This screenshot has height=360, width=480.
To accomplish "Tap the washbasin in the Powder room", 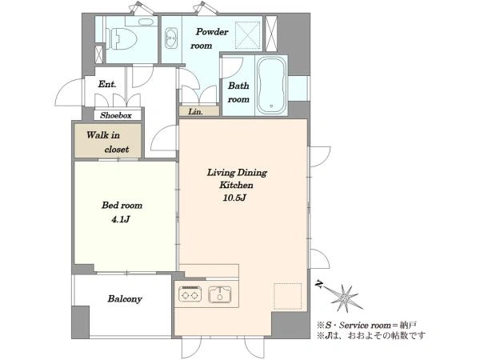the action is click(x=171, y=38).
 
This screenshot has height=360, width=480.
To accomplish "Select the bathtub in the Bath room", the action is click(x=271, y=86).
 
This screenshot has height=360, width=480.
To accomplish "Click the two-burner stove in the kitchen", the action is click(x=190, y=294).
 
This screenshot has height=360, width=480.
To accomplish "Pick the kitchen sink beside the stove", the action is click(x=220, y=294).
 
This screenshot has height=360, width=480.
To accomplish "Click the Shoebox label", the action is click(x=116, y=115).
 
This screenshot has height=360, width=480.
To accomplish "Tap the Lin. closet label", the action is click(x=195, y=112).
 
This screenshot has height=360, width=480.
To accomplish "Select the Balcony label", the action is click(x=125, y=298).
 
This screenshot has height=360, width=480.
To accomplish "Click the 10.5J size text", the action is click(x=234, y=198).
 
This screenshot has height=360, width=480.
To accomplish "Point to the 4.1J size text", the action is click(x=121, y=219).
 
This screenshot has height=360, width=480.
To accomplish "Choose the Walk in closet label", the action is click(x=107, y=142).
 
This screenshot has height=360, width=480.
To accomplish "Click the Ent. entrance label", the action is click(x=107, y=84).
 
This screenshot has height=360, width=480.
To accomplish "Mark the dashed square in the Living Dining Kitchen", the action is click(x=287, y=296).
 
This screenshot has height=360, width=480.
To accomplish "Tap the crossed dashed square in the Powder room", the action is click(x=248, y=35).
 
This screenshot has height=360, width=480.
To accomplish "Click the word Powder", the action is click(x=212, y=32).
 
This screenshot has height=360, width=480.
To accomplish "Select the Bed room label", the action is click(x=122, y=205).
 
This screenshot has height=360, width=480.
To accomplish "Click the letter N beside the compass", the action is click(x=319, y=285).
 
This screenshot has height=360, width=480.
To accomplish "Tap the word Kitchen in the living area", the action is click(x=236, y=186).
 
